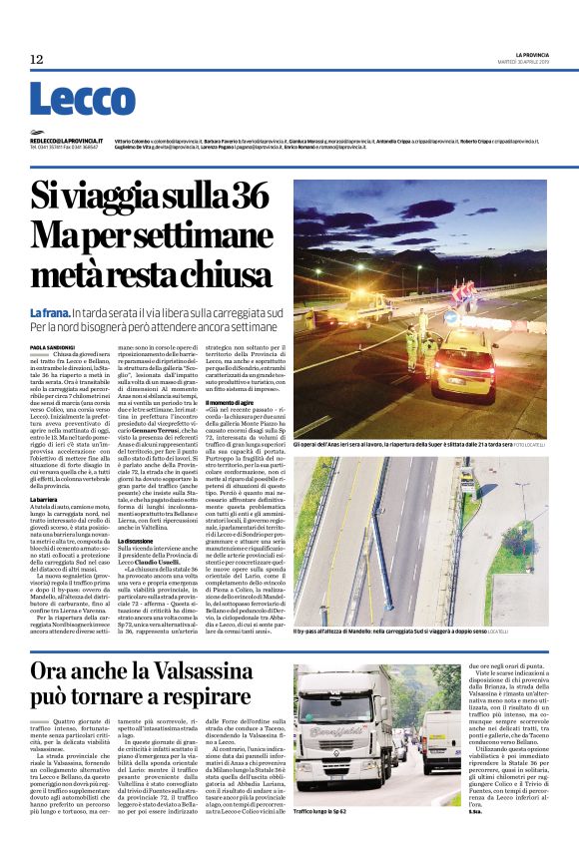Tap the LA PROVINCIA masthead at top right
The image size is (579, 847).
540,53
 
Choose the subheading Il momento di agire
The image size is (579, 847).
230,401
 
